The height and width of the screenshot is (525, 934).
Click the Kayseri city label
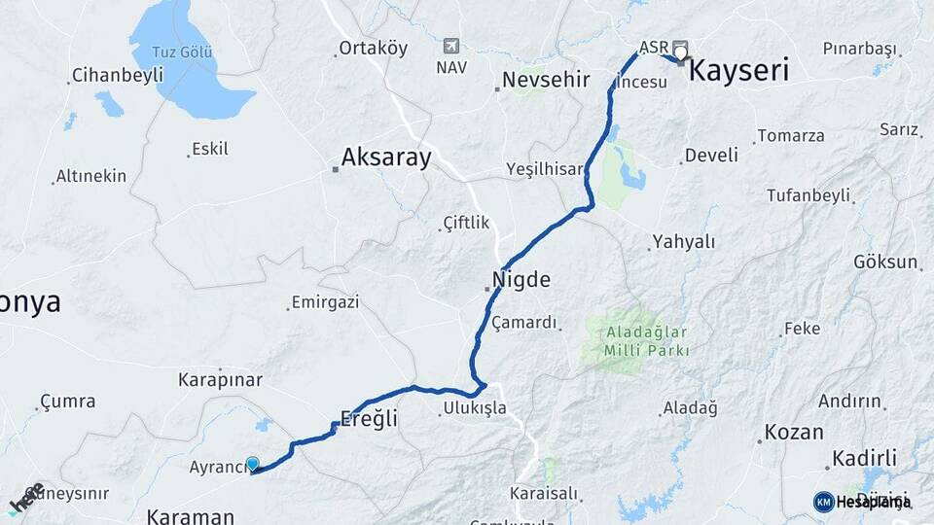pos(738,71)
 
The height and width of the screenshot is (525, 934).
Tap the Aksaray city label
pos(386,157)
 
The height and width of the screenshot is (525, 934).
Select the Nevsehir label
pos(547,80)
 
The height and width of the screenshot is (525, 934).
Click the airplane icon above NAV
pos(450,46)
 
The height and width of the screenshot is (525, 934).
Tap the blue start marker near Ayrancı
pos(253,465)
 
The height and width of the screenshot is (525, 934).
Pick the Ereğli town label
pos(370,419)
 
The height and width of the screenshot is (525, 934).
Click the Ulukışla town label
pos(475,407)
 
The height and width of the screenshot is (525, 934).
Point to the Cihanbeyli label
pos(117,76)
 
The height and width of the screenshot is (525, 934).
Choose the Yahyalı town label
pos(684,242)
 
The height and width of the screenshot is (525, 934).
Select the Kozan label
pos(794,432)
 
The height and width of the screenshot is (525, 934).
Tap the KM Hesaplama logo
pos(862,502)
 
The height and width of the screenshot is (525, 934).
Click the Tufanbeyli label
pos(808,195)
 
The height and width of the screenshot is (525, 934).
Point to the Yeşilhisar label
pos(544,169)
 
